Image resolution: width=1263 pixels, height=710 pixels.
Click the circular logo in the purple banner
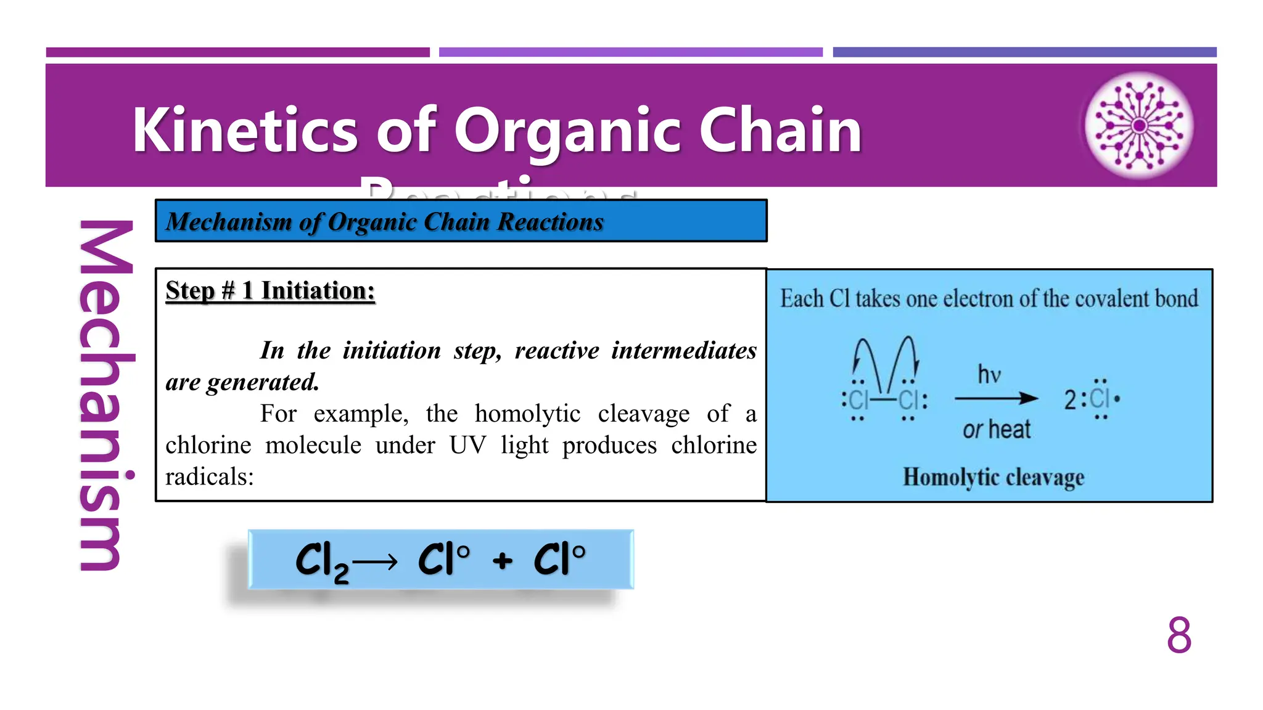pyautogui.click(x=1139, y=126)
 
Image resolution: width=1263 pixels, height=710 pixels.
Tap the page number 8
pyautogui.click(x=1179, y=635)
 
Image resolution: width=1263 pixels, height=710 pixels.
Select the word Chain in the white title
pyautogui.click(x=780, y=130)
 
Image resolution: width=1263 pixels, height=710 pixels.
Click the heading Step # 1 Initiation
pyautogui.click(x=270, y=290)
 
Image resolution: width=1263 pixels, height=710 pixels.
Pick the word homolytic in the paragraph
pyautogui.click(x=527, y=414)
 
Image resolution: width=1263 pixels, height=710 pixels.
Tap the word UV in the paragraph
pyautogui.click(x=467, y=445)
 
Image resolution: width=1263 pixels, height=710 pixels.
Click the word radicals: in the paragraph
pyautogui.click(x=210, y=476)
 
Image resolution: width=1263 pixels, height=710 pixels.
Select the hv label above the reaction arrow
pyautogui.click(x=989, y=375)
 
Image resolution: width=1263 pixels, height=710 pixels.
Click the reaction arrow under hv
pyautogui.click(x=995, y=399)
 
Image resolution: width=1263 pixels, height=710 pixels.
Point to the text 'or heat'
pyautogui.click(x=996, y=430)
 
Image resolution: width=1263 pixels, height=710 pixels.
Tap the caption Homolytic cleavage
pyautogui.click(x=993, y=477)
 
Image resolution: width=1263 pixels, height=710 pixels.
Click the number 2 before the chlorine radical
pyautogui.click(x=1070, y=400)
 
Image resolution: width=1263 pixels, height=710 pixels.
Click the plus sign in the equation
pyautogui.click(x=503, y=561)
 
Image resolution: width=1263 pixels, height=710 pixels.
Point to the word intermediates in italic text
pyautogui.click(x=684, y=351)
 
